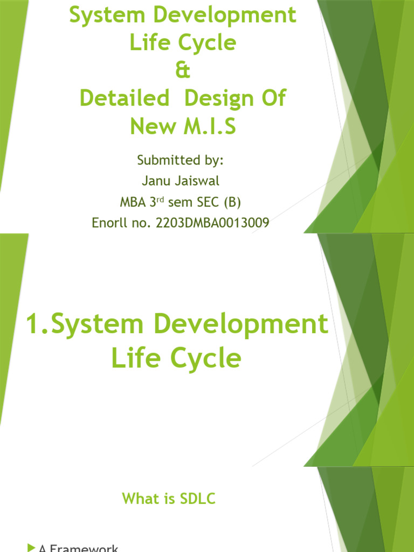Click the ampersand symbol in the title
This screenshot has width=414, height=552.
pos(183,71)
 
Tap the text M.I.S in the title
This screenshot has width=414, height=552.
pos(209,127)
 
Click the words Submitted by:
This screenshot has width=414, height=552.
pos(180,160)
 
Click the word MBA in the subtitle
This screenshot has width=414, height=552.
pos(133,203)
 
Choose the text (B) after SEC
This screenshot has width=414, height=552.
pos(231,203)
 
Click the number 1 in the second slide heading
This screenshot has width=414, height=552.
pos(33,325)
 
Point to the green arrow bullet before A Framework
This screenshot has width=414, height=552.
pos(31,548)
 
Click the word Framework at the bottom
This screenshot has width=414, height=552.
pos(86,548)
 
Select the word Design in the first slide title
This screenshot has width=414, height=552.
pos(217,99)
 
